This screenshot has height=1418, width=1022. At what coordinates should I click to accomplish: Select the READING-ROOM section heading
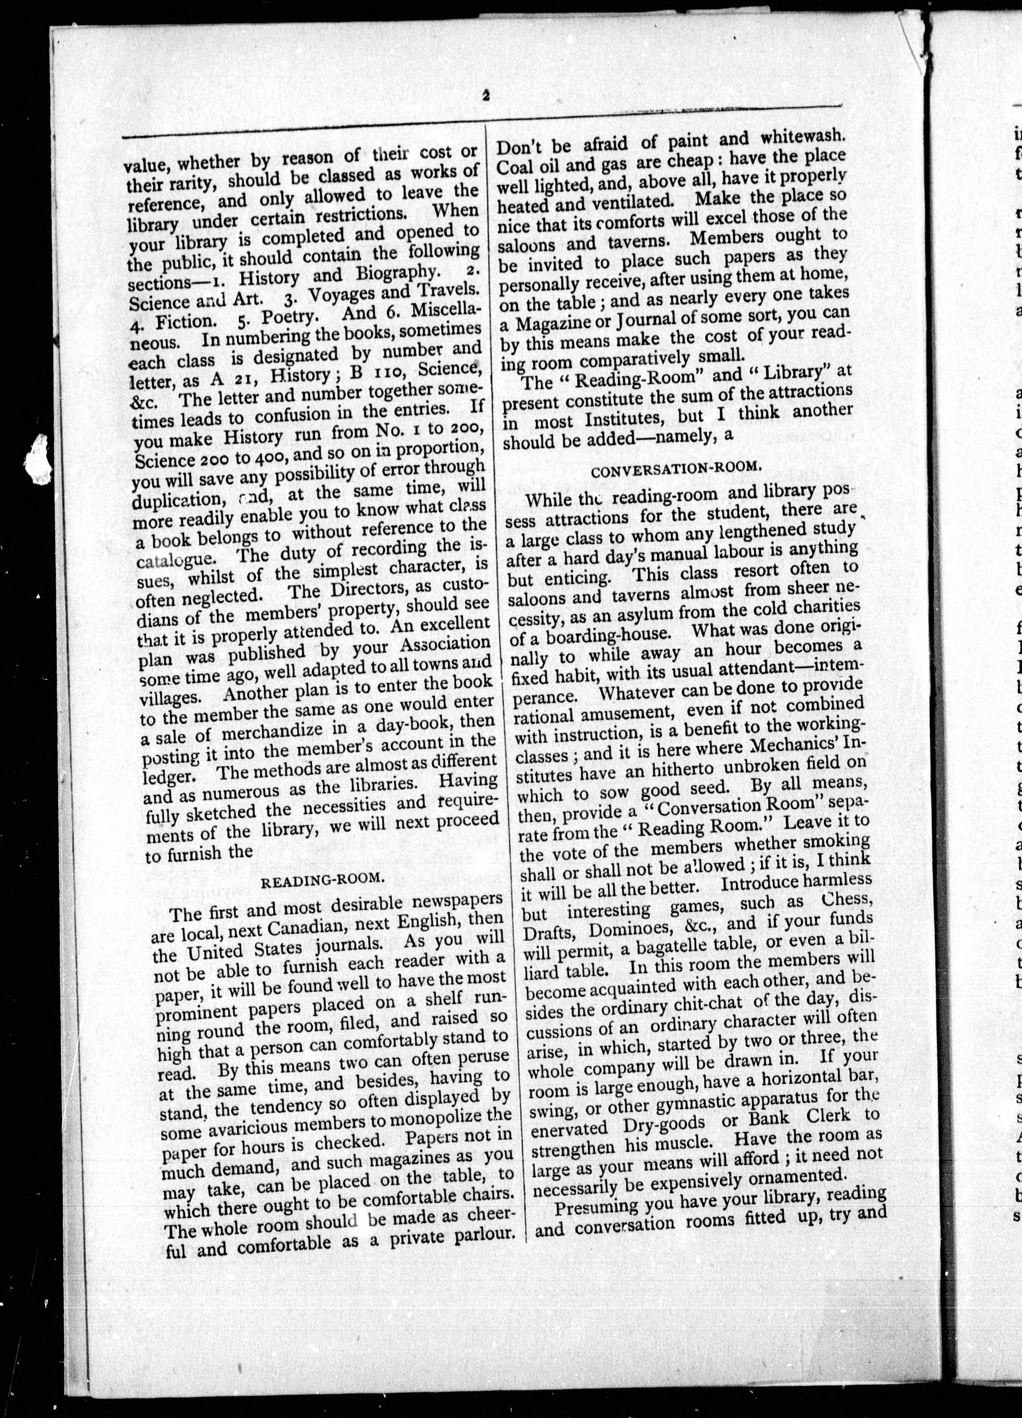tap(321, 878)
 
